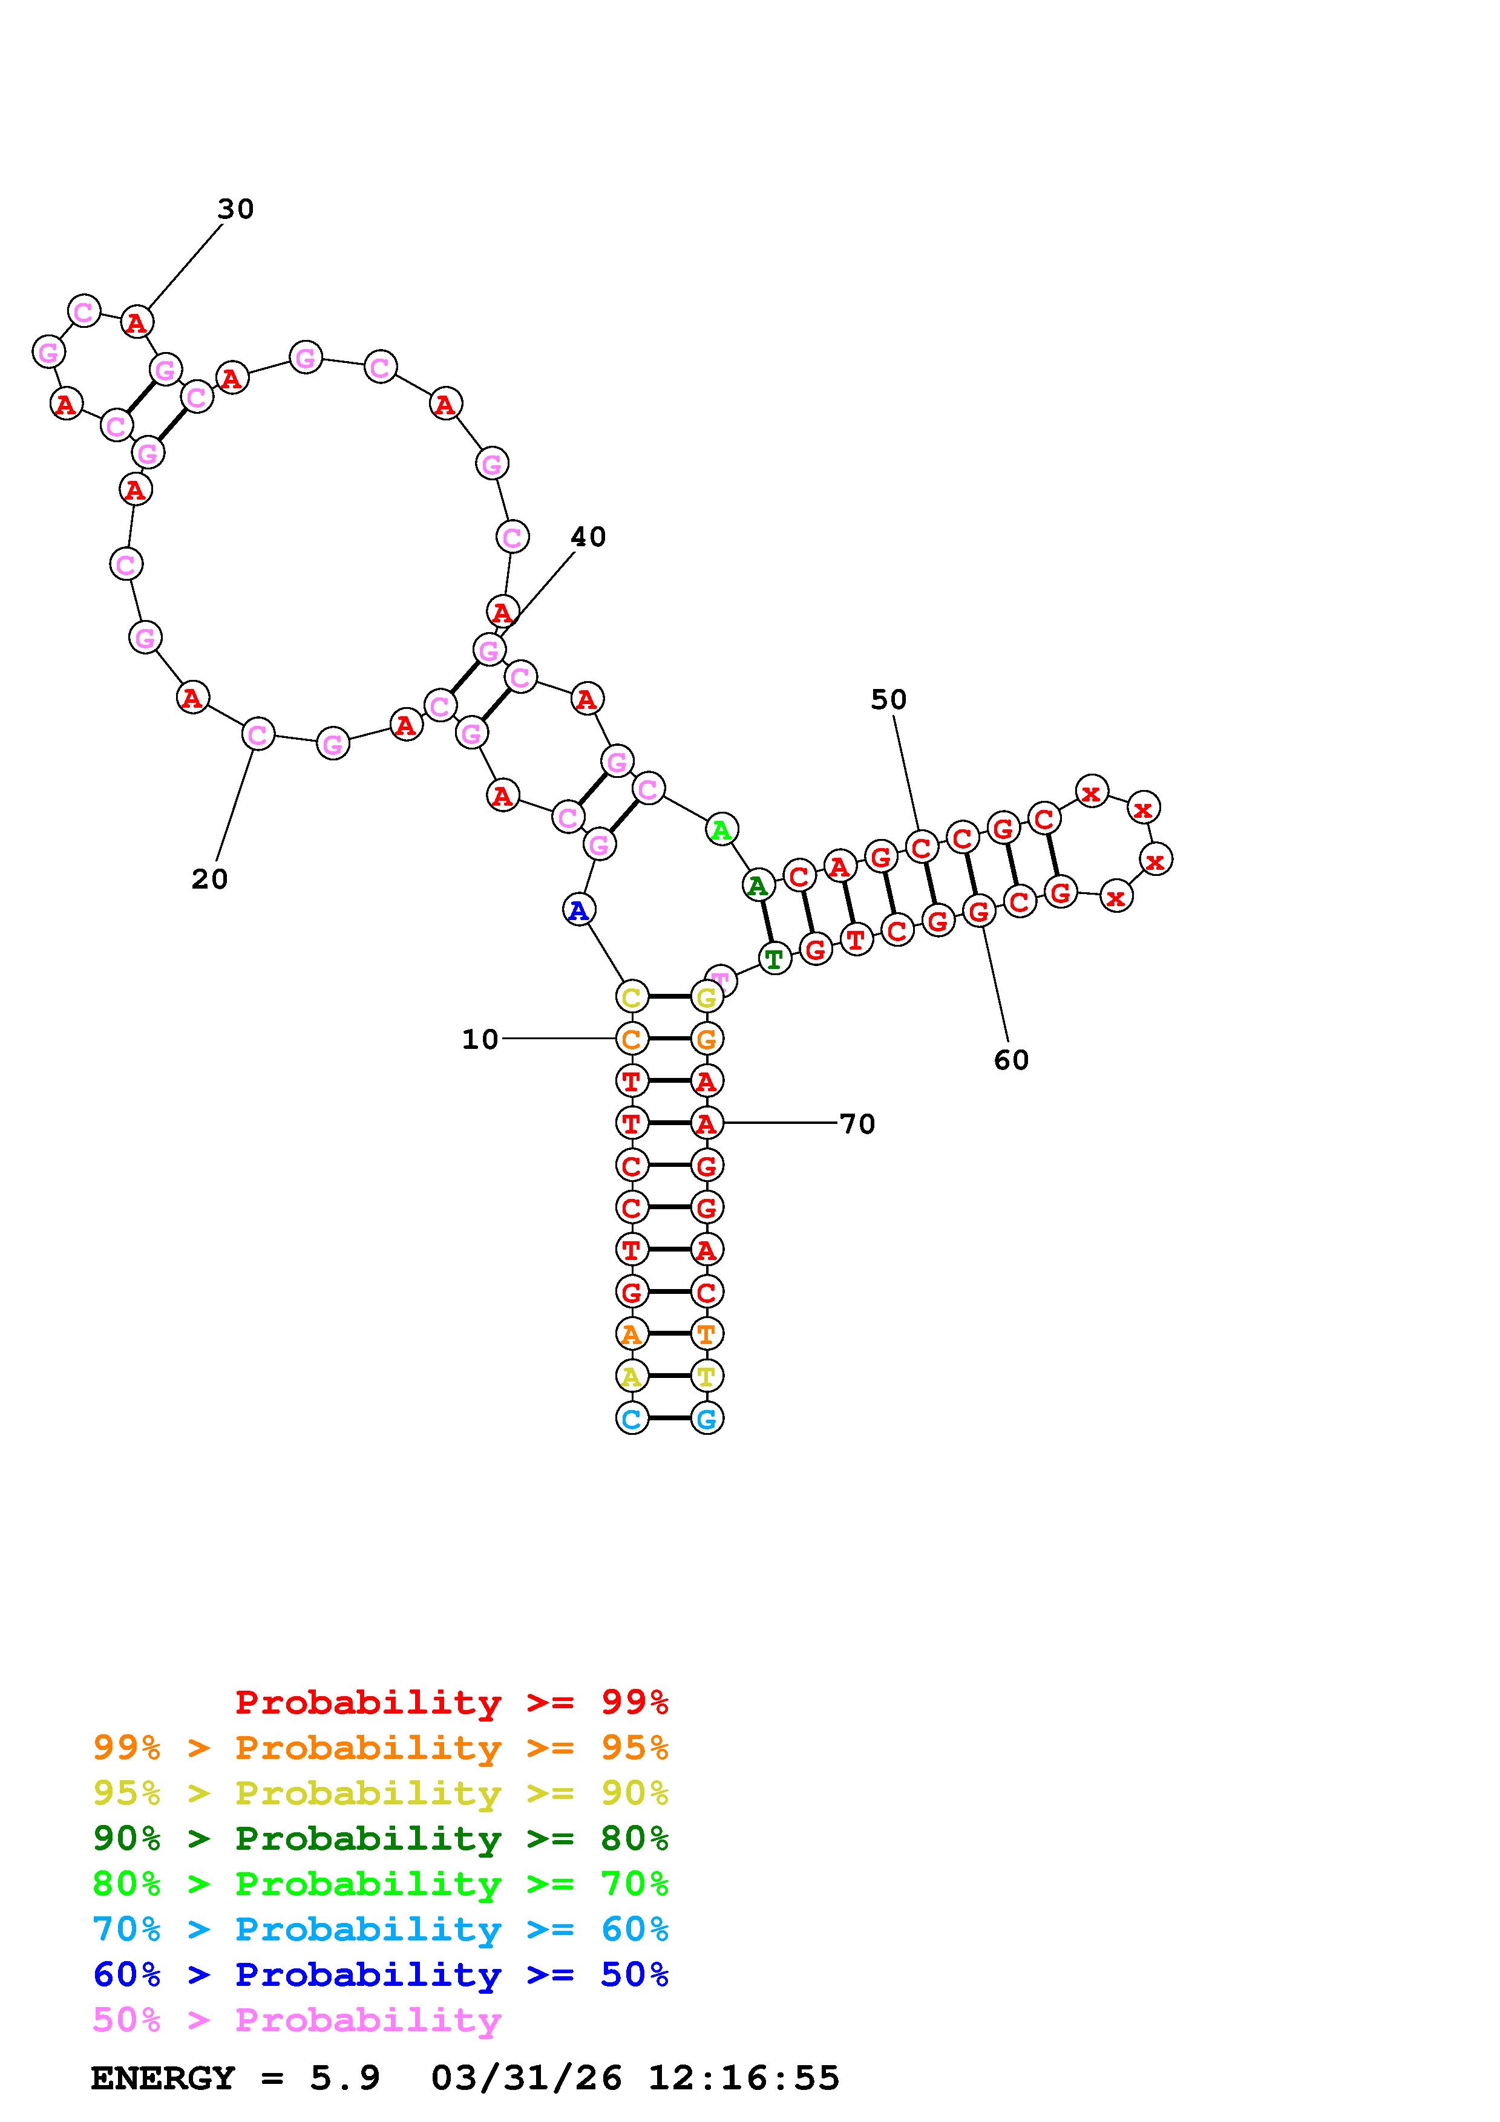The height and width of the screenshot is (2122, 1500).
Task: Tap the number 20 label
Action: click(210, 879)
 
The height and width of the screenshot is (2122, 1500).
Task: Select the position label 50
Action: click(888, 700)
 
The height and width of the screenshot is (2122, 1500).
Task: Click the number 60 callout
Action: click(1011, 1060)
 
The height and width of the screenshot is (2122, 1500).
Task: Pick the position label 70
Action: click(857, 1124)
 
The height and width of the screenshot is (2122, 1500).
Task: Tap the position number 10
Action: click(480, 1040)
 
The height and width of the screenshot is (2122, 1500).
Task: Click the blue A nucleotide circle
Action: click(578, 910)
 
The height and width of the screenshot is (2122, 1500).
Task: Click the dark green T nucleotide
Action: click(775, 959)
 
